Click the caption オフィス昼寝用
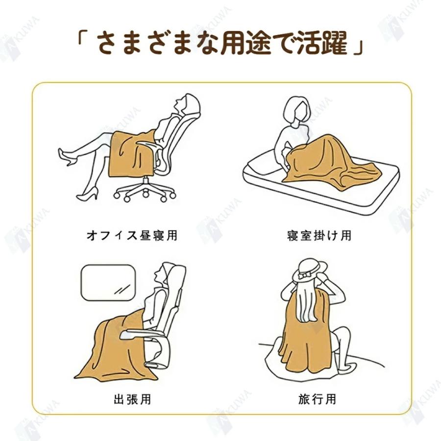coord(131,235)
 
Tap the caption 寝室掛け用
coord(319,235)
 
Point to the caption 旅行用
coord(318,399)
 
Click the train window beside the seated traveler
coord(107,283)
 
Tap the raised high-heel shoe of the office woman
coord(67,157)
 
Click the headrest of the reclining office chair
coord(193,105)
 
